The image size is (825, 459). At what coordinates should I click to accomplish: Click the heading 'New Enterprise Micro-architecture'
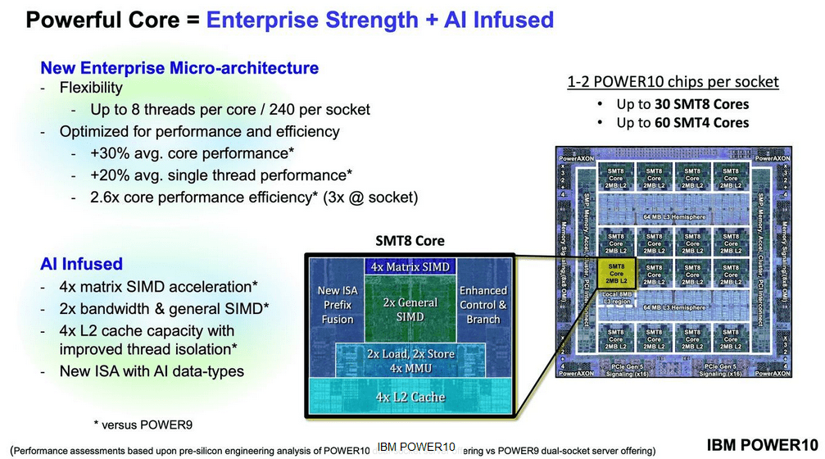coord(179,68)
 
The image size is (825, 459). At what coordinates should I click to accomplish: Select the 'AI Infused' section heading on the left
coord(81,264)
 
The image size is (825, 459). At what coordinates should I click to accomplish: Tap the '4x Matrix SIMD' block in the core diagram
coord(409,266)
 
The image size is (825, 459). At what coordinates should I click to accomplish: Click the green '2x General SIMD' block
coord(410,310)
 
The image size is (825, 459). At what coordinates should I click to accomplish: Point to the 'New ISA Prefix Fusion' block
coord(338,305)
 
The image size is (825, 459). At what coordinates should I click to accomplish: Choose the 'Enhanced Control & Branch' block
coord(483,305)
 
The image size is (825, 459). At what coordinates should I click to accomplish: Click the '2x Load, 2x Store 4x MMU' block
coord(409,360)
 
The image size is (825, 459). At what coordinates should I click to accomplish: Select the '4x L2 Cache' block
coord(409,397)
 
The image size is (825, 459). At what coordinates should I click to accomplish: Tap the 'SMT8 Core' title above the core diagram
coord(410,241)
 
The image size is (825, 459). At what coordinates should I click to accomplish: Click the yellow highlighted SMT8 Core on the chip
coord(616,274)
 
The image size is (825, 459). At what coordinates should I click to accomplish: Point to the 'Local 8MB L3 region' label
coord(616,298)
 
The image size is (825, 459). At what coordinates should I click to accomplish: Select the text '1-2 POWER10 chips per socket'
coord(673,82)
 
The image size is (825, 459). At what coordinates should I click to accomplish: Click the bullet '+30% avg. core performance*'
coord(192,153)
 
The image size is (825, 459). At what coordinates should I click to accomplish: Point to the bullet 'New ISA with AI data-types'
coord(152,371)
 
